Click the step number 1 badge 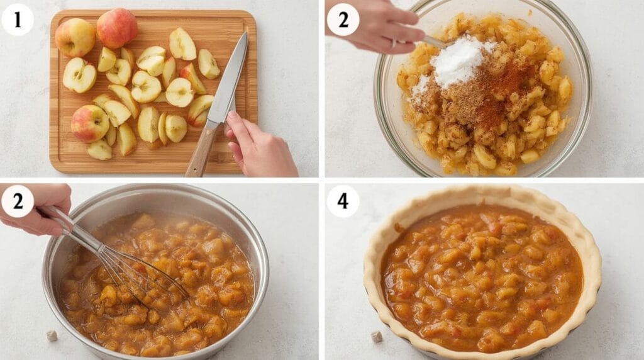click(17, 19)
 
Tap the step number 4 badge click(343, 201)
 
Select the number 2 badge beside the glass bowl click(343, 19)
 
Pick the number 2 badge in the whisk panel click(17, 201)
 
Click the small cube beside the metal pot click(52, 335)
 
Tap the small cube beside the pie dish click(377, 337)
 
